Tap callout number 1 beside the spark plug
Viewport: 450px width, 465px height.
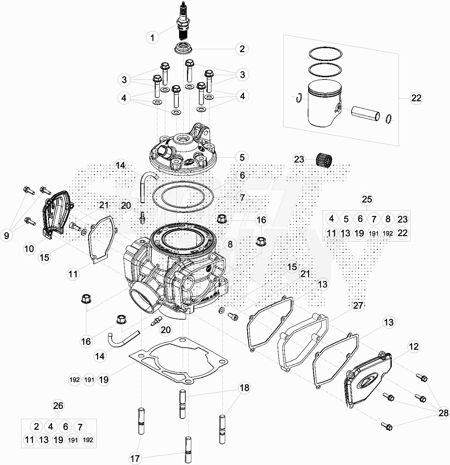[152, 38]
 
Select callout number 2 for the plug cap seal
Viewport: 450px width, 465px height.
[242, 49]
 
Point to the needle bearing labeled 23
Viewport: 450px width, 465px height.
[324, 160]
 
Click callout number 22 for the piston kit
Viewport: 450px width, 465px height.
[416, 98]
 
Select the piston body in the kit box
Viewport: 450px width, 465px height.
[323, 102]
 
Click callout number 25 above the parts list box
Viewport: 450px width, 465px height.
[367, 199]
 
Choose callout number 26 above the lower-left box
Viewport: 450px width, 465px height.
[58, 406]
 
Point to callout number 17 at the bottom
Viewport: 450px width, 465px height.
[135, 458]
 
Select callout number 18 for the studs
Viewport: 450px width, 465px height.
[244, 388]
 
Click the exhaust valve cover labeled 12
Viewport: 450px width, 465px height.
[367, 379]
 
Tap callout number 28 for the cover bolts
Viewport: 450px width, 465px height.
[443, 413]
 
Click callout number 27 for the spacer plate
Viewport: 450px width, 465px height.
[358, 305]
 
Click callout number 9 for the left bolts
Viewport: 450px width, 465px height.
[7, 235]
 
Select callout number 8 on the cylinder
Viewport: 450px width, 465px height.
[230, 244]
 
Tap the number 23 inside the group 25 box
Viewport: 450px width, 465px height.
[403, 219]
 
